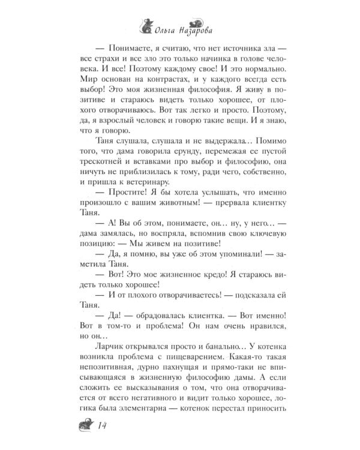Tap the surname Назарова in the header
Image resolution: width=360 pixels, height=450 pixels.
click(x=201, y=27)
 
